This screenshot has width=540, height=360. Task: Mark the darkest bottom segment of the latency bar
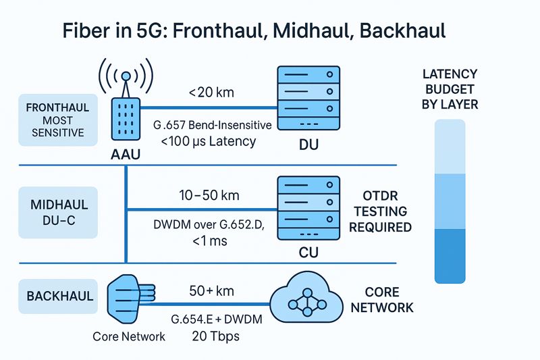coord(450,255)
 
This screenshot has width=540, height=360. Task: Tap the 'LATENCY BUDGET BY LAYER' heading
coord(450,89)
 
